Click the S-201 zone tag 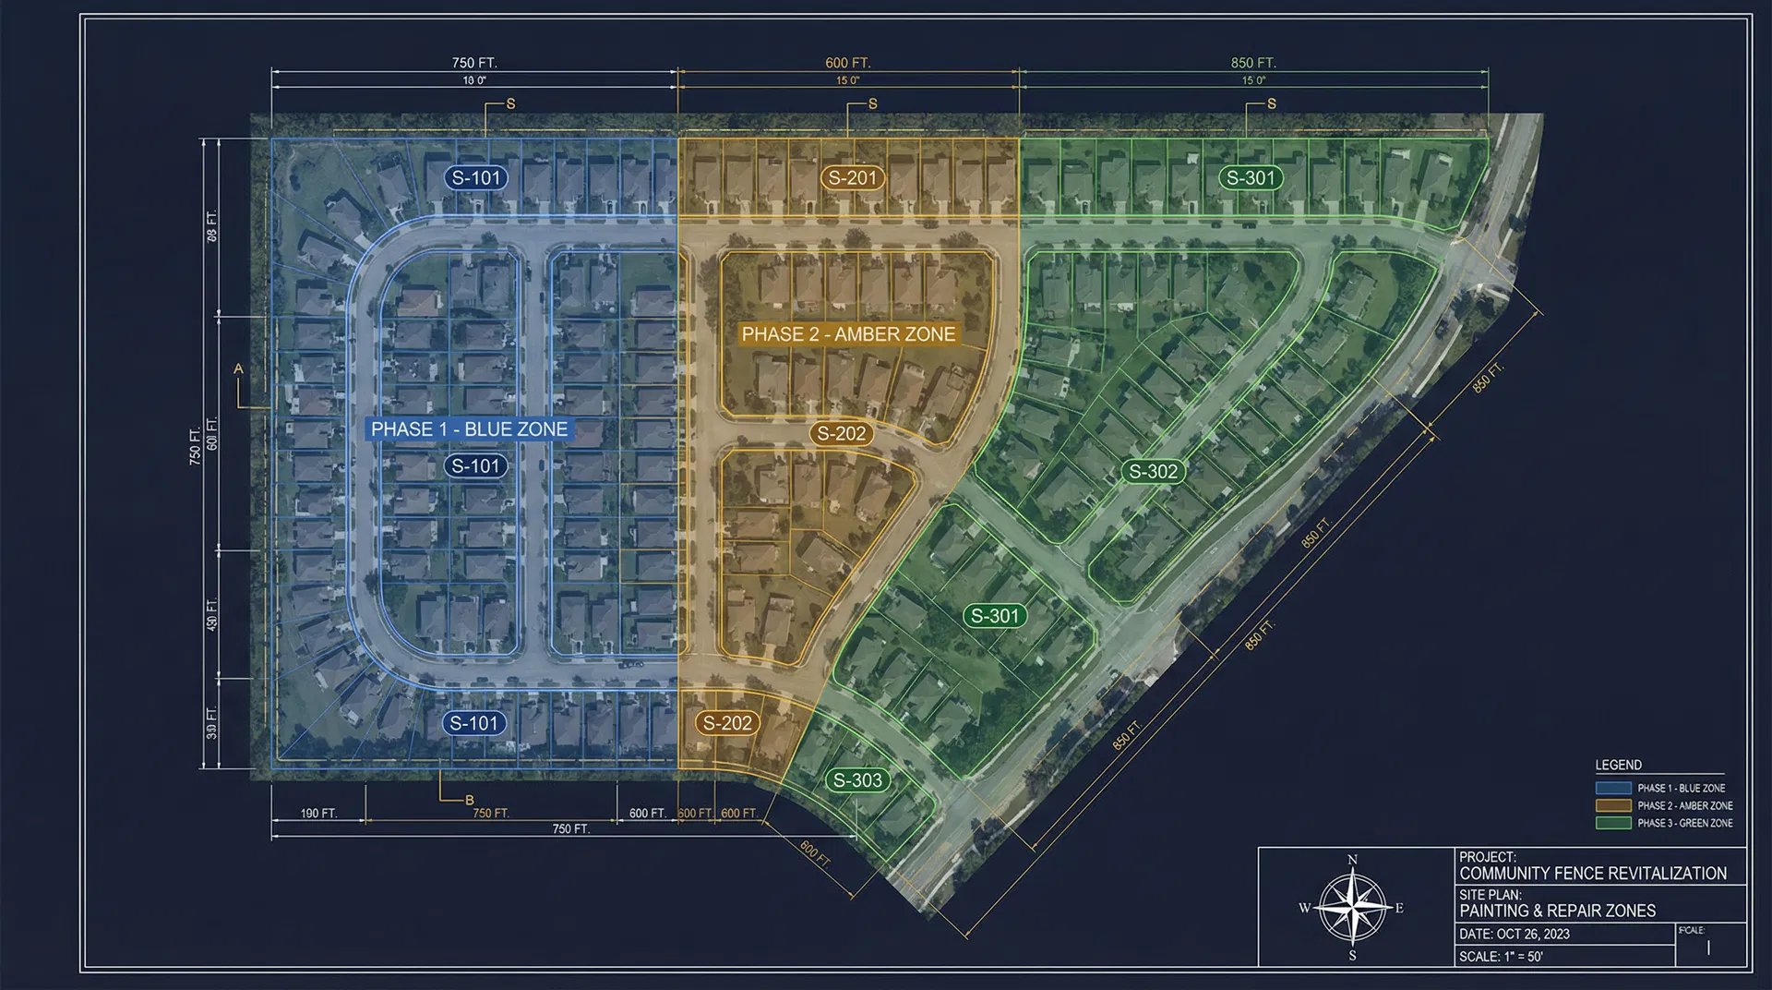click(x=852, y=178)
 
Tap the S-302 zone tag click(x=1154, y=472)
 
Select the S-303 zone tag click(x=857, y=780)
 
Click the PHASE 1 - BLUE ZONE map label click(x=469, y=429)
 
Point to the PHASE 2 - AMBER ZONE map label click(x=848, y=334)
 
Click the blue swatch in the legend click(x=1612, y=789)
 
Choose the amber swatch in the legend click(x=1612, y=806)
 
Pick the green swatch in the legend click(x=1612, y=823)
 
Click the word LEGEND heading click(x=1618, y=765)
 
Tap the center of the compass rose click(x=1352, y=908)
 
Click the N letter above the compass click(x=1352, y=860)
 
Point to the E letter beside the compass click(x=1399, y=909)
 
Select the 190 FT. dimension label click(x=318, y=814)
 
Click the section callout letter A click(x=238, y=369)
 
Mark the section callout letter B click(x=469, y=800)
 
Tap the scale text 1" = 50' click(x=1523, y=957)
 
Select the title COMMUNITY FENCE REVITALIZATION click(x=1593, y=874)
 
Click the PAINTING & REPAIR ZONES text click(x=1558, y=912)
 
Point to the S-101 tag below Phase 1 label click(x=475, y=466)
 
